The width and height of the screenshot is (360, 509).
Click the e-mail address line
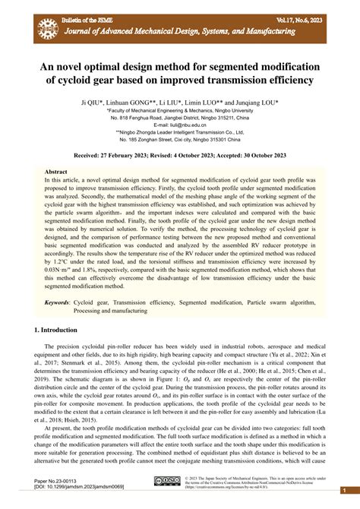click(x=179, y=125)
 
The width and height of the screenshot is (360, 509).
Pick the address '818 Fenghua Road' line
click(x=179, y=118)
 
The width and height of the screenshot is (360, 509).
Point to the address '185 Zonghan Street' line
click(x=179, y=140)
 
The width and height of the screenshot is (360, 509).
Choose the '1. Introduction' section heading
click(x=57, y=330)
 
